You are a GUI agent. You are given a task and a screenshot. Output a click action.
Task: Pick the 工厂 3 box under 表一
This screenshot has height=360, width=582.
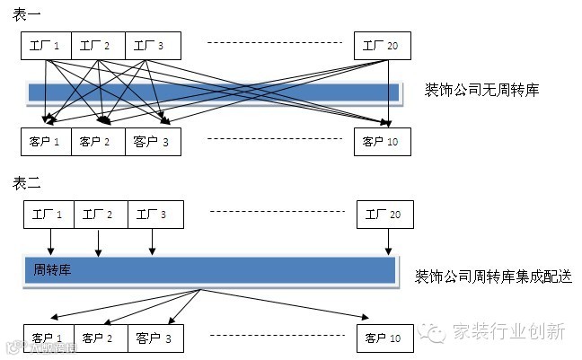[x=154, y=46]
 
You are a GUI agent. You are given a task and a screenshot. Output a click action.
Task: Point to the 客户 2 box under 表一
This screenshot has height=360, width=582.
[x=98, y=142]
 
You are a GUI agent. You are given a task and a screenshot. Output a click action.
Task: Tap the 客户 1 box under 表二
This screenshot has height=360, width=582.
[x=48, y=338]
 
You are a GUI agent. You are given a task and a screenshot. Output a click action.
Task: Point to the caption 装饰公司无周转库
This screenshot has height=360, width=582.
[x=481, y=91]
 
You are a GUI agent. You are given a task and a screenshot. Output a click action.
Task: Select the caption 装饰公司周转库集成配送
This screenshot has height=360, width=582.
[x=493, y=275]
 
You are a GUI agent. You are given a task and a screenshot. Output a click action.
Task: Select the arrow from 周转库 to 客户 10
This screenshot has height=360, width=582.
[x=287, y=303]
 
